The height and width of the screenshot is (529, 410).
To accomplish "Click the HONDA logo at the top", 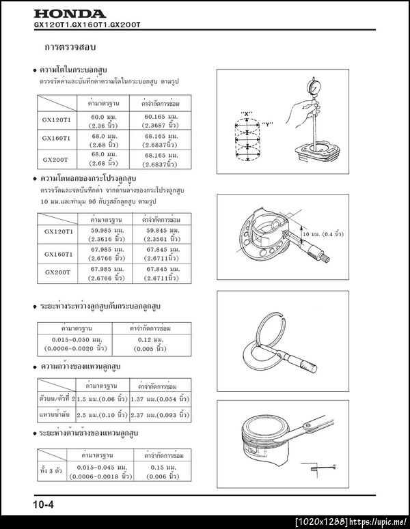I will pyautogui.click(x=70, y=14).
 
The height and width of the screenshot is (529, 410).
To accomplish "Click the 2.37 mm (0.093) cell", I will pyautogui.click(x=161, y=414).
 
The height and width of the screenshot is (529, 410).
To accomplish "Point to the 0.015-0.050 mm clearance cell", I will pyautogui.click(x=82, y=344).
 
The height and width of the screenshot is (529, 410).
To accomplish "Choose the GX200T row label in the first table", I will pyautogui.click(x=57, y=159).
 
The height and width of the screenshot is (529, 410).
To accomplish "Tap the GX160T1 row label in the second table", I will pyautogui.click(x=57, y=253).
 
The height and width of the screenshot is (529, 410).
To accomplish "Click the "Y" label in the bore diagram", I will pyautogui.click(x=268, y=124).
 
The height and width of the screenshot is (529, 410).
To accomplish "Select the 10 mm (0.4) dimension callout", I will pyautogui.click(x=323, y=233).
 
